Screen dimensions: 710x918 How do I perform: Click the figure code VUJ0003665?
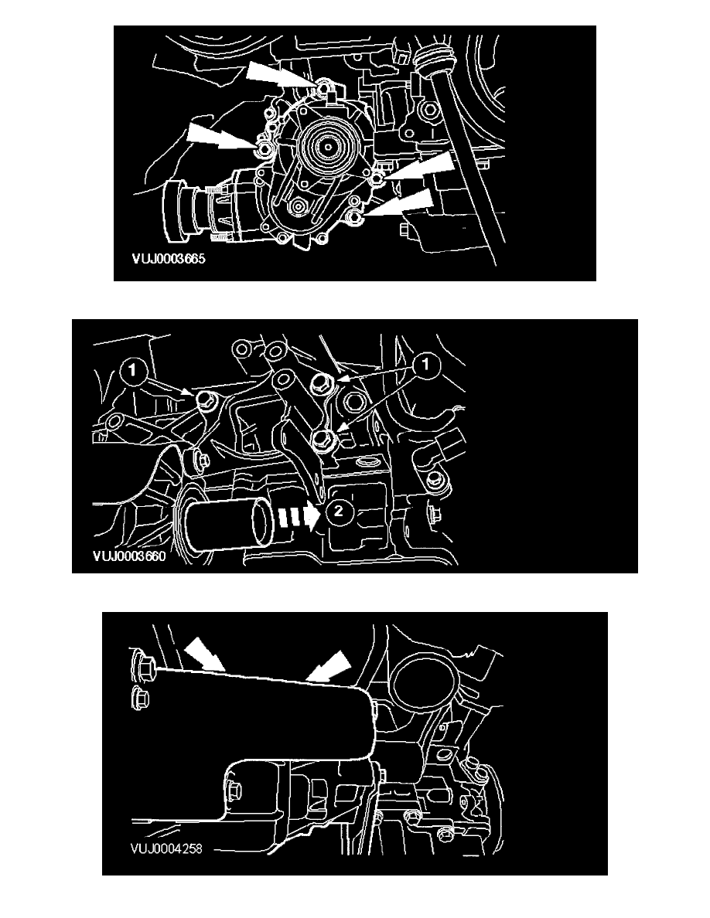[x=169, y=259]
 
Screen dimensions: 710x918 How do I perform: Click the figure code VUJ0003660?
[x=129, y=556]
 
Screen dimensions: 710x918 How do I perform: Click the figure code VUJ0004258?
[x=166, y=848]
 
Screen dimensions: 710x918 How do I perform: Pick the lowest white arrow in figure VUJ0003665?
[x=401, y=204]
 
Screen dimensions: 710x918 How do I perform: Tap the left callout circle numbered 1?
[x=134, y=370]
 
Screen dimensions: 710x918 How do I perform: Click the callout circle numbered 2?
[x=339, y=511]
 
